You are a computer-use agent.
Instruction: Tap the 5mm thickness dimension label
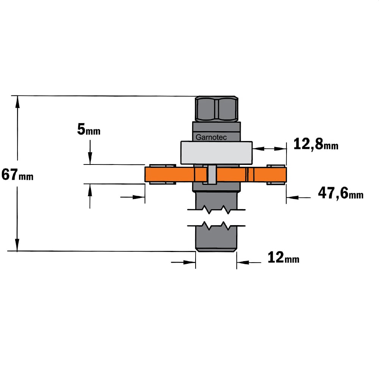coord(89,129)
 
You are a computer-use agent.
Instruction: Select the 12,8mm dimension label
coord(316,144)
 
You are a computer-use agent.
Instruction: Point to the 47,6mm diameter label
coord(341,193)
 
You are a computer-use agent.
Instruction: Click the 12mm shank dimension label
coord(283,257)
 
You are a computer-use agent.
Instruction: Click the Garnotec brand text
coord(211,137)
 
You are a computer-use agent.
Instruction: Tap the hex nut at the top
coord(216,108)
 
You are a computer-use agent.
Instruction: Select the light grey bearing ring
coord(216,153)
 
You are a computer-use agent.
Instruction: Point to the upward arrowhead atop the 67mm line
coord(17,102)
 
